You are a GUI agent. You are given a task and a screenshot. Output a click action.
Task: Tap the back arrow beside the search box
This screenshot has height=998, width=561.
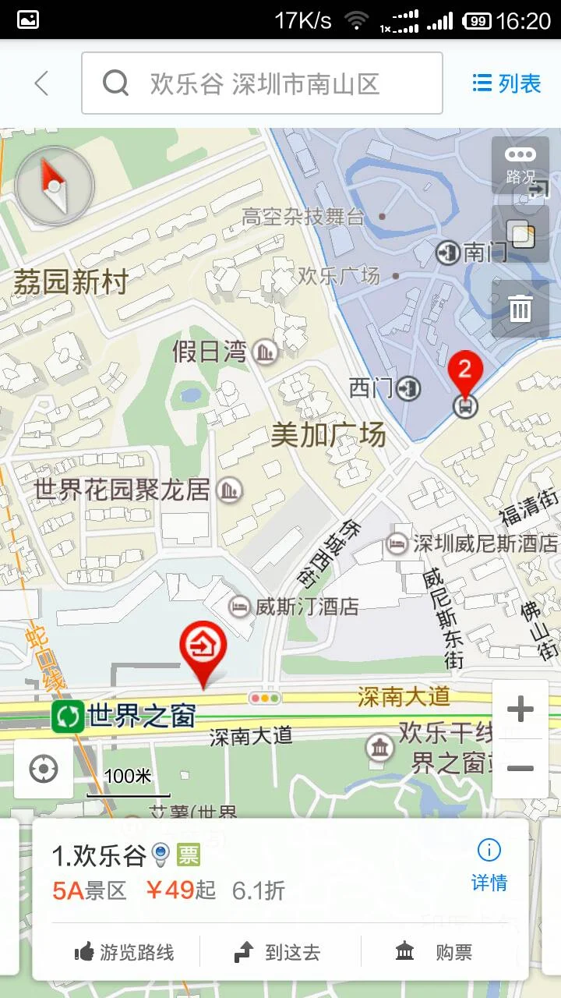[x=41, y=83]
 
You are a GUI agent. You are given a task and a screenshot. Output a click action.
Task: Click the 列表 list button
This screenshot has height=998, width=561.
[x=506, y=83]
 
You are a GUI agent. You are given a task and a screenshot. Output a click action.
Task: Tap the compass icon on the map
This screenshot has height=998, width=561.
[x=55, y=186]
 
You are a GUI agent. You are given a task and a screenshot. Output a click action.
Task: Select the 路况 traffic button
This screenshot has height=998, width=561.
[x=520, y=165]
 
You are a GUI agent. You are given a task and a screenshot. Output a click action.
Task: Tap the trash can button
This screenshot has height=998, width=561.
[x=520, y=309]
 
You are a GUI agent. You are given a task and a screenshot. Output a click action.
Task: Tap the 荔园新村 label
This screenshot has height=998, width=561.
[x=70, y=282]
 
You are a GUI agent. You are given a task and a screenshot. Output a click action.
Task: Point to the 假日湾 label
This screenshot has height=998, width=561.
[x=209, y=352]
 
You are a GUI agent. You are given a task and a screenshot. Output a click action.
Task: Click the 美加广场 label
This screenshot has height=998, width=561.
[x=328, y=434]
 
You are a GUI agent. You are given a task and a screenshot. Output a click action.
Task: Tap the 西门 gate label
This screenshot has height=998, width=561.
[x=372, y=388]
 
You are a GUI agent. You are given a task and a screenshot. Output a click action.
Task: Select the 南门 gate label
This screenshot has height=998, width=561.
[x=485, y=252]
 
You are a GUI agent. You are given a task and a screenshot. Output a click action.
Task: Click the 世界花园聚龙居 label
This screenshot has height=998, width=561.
[x=122, y=490]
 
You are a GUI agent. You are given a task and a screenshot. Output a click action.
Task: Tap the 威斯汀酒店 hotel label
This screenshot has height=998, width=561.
[x=307, y=606]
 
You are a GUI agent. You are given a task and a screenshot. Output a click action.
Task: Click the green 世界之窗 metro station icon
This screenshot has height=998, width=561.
[x=68, y=717]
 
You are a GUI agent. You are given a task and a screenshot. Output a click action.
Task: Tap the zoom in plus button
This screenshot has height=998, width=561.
[x=520, y=709]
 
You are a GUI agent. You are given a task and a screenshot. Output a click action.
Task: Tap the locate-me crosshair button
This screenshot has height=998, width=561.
[x=44, y=770]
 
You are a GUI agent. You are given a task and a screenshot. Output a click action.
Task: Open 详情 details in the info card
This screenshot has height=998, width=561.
[x=489, y=865]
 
